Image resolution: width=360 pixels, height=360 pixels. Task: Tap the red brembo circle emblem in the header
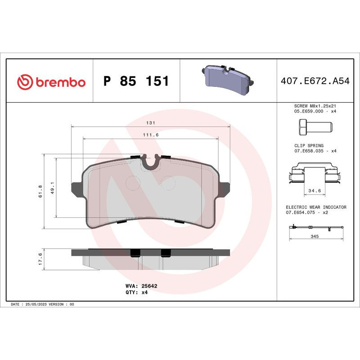(x=25, y=82)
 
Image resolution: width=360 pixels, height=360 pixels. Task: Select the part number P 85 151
(x=136, y=81)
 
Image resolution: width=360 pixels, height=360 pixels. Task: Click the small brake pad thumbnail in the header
(x=228, y=81)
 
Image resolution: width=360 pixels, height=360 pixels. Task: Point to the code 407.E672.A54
(x=314, y=82)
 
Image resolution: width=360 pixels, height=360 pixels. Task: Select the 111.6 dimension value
(x=151, y=135)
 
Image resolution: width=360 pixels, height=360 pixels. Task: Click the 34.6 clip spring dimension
(x=314, y=191)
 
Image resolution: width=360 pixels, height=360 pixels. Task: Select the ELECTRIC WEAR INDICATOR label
(x=316, y=207)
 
